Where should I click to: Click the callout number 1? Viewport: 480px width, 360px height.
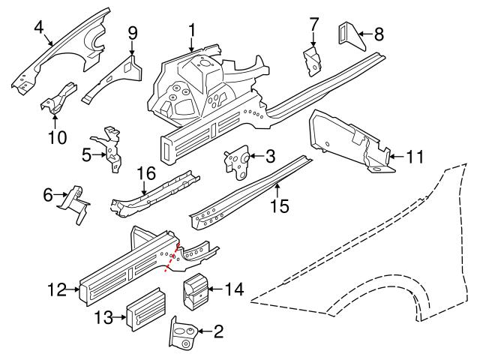point(192,31)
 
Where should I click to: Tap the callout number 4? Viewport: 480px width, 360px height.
point(38,28)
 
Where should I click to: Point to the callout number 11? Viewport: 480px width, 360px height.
point(415,157)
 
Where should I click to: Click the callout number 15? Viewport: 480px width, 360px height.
point(279,205)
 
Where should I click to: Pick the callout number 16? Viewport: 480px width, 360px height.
point(145,173)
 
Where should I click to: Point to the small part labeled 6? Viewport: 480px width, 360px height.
point(75,204)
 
